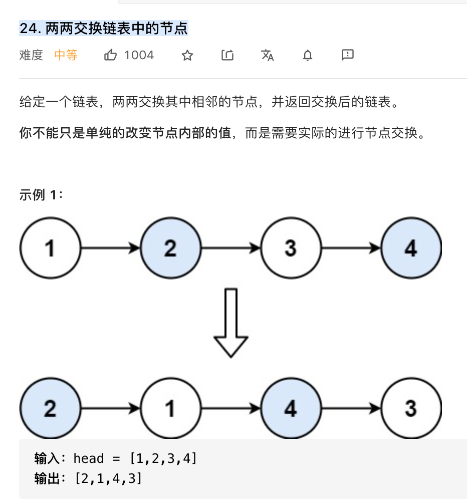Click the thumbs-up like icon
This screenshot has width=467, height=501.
tap(110, 55)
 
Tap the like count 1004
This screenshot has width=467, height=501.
tap(139, 55)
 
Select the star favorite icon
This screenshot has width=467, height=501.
tap(187, 55)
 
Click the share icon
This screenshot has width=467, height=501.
tap(227, 55)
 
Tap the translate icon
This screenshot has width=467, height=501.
tap(268, 55)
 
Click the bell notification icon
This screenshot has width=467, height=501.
tap(308, 55)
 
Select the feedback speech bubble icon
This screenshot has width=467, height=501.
tap(348, 55)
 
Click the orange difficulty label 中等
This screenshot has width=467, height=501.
tap(66, 55)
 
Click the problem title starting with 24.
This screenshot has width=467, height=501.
tap(104, 28)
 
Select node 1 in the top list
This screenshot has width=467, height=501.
tap(50, 248)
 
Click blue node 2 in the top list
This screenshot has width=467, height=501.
tap(170, 248)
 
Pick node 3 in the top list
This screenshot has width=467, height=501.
tap(291, 248)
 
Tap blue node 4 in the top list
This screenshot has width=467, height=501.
tap(411, 248)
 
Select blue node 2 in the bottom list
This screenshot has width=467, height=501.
tap(50, 408)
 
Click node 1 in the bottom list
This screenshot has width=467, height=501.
tap(170, 408)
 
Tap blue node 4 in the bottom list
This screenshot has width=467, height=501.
tap(291, 408)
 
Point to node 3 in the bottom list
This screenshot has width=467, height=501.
tap(411, 408)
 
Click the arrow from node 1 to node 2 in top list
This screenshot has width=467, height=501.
tap(110, 248)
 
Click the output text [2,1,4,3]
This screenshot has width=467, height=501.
tap(108, 478)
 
